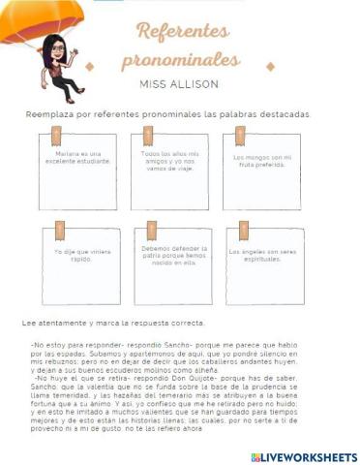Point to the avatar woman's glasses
click(51, 46)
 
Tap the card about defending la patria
click(173, 264)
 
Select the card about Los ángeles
click(263, 264)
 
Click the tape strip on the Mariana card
click(60, 135)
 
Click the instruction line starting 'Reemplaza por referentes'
click(168, 113)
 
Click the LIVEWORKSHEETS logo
click(303, 456)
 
